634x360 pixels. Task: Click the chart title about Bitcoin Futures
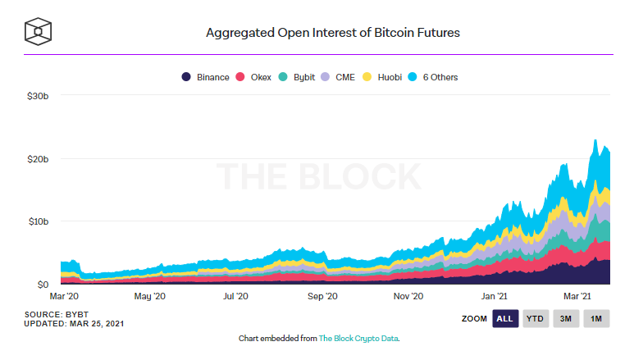pyautogui.click(x=332, y=34)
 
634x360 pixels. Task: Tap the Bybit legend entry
pyautogui.click(x=300, y=77)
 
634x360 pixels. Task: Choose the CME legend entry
pyautogui.click(x=344, y=77)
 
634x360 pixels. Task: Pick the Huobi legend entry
pyautogui.click(x=388, y=77)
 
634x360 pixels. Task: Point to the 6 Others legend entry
pyautogui.click(x=439, y=77)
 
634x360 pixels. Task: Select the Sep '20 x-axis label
pyautogui.click(x=322, y=296)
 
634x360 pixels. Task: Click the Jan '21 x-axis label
pyautogui.click(x=494, y=296)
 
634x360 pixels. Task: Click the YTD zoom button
pyautogui.click(x=536, y=318)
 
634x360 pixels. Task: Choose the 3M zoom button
pyautogui.click(x=566, y=318)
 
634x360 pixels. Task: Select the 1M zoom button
pyautogui.click(x=596, y=318)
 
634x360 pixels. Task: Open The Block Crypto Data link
pyautogui.click(x=358, y=338)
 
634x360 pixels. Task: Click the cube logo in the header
pyautogui.click(x=38, y=32)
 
